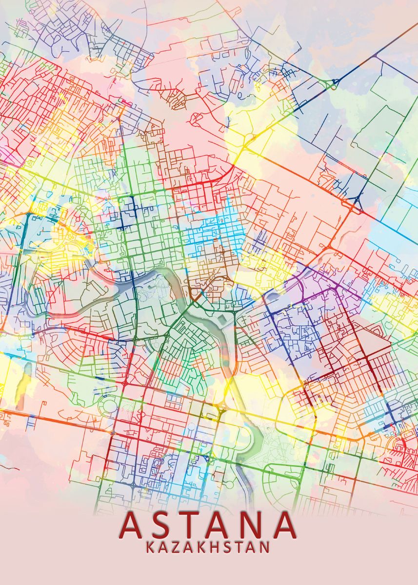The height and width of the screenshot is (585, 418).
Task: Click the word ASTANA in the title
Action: [208, 524]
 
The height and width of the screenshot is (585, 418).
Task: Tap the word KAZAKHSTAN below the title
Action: [208, 547]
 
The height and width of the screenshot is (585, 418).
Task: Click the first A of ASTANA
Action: [133, 524]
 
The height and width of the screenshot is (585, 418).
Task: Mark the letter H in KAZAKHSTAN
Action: [215, 547]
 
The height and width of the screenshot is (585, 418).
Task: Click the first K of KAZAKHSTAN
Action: [150, 547]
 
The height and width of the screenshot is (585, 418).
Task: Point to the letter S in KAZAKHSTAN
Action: [227, 547]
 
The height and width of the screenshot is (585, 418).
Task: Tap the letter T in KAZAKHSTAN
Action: [239, 547]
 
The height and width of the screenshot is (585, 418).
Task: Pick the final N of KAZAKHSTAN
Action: [265, 547]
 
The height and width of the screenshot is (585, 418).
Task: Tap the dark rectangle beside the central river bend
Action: [222, 318]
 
